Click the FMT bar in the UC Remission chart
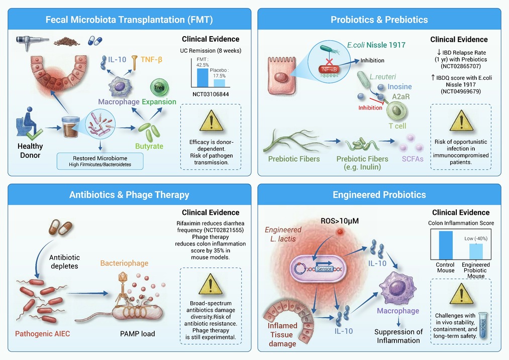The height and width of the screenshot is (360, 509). coord(202,77)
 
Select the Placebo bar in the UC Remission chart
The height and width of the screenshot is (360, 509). coord(220,83)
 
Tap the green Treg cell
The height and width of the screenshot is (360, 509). coord(159,87)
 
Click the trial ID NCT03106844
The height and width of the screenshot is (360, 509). coord(211,94)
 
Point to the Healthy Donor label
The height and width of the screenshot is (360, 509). coord(30,151)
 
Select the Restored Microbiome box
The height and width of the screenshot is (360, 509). coord(100,161)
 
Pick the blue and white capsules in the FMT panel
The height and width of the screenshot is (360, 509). coord(95,41)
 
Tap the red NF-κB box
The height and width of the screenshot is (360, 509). coord(330,69)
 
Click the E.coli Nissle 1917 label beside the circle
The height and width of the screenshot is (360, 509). coord(376,45)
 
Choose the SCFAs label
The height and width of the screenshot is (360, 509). coord(413,159)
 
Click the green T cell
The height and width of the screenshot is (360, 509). coord(396,110)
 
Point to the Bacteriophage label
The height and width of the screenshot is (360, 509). coord(124,263)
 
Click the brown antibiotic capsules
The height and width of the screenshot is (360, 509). coord(60,227)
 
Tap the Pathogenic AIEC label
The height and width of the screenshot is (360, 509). coord(43,334)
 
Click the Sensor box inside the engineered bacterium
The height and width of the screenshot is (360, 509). coord(324,269)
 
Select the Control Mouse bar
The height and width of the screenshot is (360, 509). coord(445,245)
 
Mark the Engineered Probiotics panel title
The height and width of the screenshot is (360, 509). coord(379,195)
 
